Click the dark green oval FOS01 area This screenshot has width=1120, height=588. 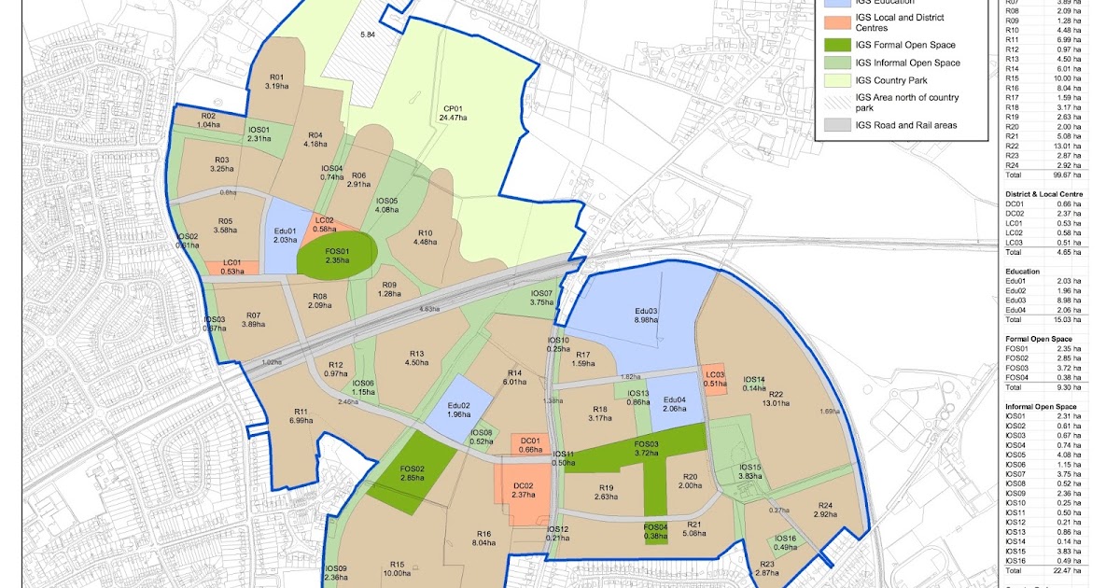coord(337,255)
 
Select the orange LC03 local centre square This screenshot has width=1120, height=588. coord(714,379)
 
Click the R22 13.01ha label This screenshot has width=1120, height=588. coord(776,399)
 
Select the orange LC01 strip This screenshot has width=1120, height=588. coord(226,267)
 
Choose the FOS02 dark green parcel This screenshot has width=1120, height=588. coord(412,475)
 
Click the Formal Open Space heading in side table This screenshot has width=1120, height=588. coord(1038,339)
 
